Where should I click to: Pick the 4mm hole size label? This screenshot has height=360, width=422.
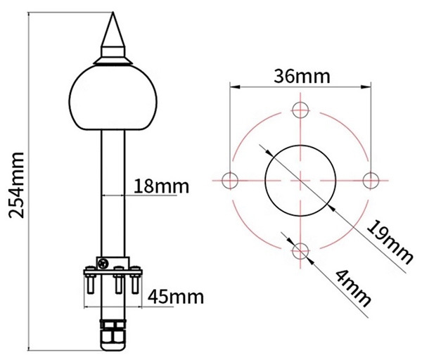pyautogui.click(x=352, y=289)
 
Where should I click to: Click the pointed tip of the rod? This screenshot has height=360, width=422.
pyautogui.click(x=113, y=15)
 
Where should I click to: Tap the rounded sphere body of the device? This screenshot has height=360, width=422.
pyautogui.click(x=113, y=97)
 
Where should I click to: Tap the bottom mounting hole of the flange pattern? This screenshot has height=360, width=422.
pyautogui.click(x=300, y=250)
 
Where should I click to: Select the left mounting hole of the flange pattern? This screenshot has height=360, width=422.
pyautogui.click(x=230, y=180)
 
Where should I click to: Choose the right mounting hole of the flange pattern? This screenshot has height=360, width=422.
pyautogui.click(x=370, y=180)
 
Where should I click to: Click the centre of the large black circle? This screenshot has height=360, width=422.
pyautogui.click(x=300, y=180)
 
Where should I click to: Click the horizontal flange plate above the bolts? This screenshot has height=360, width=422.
pyautogui.click(x=113, y=272)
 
